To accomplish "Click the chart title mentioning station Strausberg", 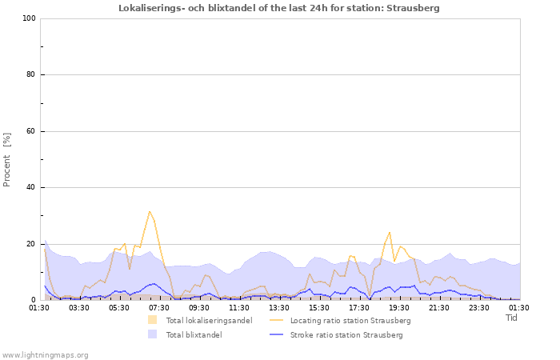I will [x=278, y=8].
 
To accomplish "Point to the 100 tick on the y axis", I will [x=29, y=18].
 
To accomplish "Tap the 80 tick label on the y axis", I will [x=30, y=75].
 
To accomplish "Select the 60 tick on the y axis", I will [x=30, y=131].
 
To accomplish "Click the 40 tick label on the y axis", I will [x=30, y=188].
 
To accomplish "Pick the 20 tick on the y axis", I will [x=30, y=244].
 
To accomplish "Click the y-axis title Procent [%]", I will [x=7, y=160].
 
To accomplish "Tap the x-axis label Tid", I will [x=512, y=318].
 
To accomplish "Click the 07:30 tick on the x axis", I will [x=159, y=307].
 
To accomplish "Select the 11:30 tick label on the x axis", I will [x=239, y=307].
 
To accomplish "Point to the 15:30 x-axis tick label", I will [x=319, y=307].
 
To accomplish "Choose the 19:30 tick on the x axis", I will [x=399, y=307].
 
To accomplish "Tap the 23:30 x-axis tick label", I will [x=479, y=307].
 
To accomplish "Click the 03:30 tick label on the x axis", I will [x=79, y=307].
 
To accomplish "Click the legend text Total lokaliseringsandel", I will [x=209, y=321].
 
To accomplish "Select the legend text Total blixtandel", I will [x=194, y=335].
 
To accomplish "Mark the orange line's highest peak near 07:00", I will [x=149, y=211].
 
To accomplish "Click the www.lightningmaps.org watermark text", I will [x=45, y=354].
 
